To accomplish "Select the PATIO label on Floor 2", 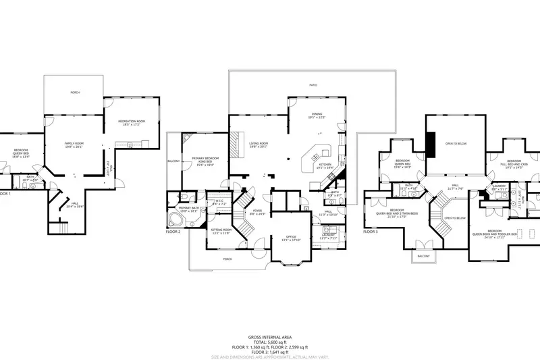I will coord(313,85).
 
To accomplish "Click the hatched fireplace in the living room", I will coord(236,143).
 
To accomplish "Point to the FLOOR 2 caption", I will coord(173,231).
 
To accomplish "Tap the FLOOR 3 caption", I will coord(371,231).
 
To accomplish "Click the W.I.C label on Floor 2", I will coord(219,201).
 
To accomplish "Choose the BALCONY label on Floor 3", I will coord(423,257).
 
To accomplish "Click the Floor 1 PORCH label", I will coord(74,93).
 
